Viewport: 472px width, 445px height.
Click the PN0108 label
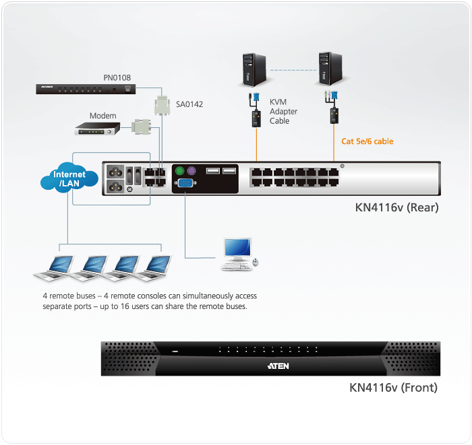click(118, 78)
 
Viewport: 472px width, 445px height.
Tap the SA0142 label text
click(189, 104)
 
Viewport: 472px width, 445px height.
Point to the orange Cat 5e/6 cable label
click(367, 141)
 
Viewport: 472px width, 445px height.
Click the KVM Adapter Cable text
click(283, 111)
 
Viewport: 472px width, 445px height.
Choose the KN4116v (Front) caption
click(393, 387)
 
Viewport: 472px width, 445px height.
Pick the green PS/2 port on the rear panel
click(180, 171)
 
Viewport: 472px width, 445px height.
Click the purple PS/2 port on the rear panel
click(192, 171)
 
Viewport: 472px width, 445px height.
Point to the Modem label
click(102, 116)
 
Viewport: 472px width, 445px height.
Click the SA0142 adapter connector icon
click(163, 106)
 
